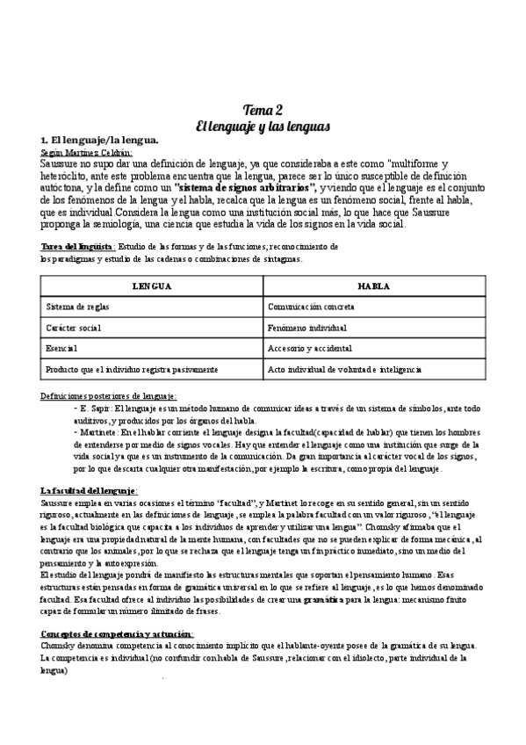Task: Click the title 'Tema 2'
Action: tap(263, 109)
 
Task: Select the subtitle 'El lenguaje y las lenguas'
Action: tap(263, 126)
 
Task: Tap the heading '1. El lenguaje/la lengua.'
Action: tap(99, 141)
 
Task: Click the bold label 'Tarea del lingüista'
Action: tap(76, 247)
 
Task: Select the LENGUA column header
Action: tap(151, 287)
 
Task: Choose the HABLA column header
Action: tap(373, 287)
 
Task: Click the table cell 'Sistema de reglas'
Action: tap(77, 307)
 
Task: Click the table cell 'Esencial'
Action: tap(61, 348)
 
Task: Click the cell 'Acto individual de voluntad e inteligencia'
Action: tap(344, 369)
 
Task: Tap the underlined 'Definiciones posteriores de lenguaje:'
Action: tap(109, 396)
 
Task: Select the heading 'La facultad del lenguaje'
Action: tap(88, 489)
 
